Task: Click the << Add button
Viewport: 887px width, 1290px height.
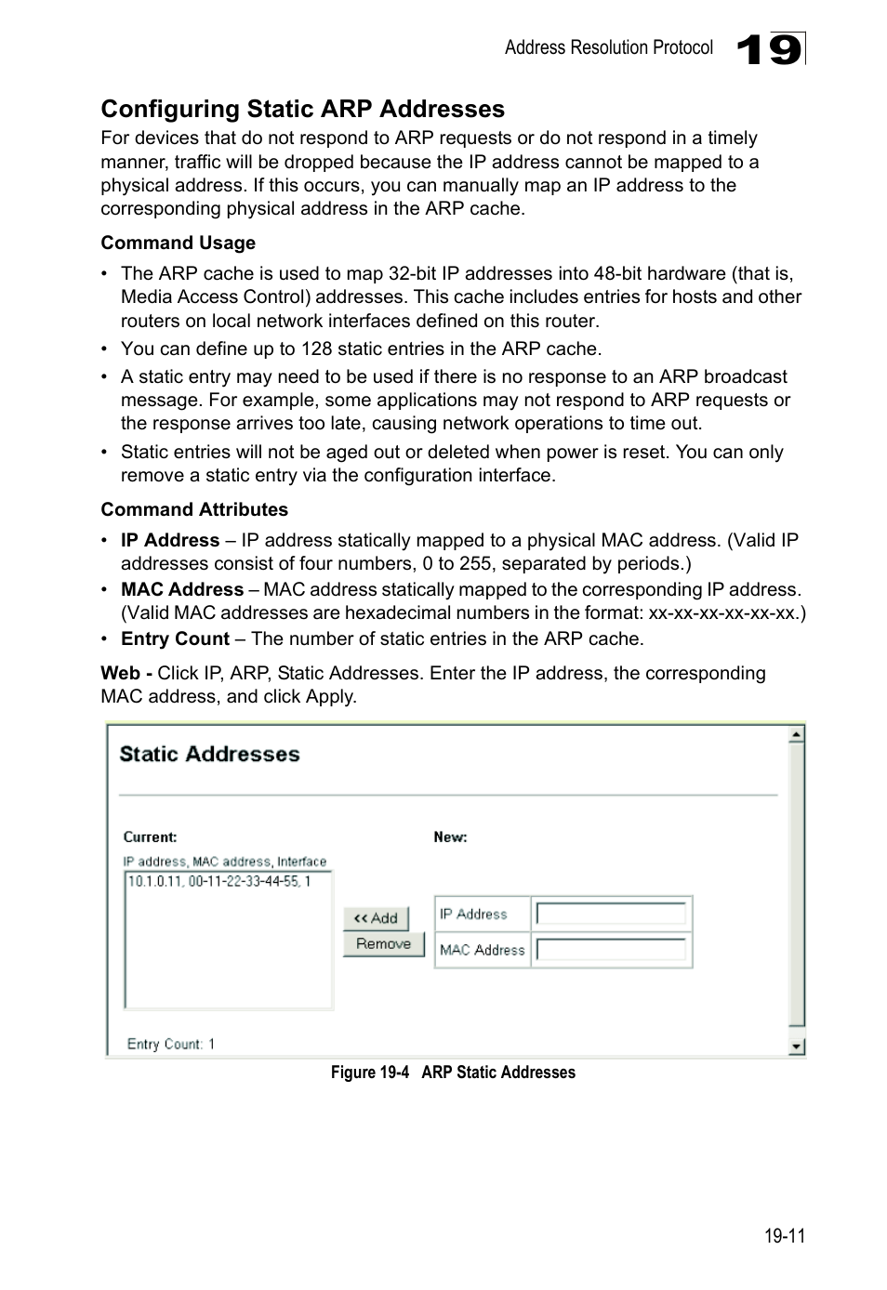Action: click(376, 918)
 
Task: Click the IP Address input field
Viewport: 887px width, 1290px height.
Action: click(611, 915)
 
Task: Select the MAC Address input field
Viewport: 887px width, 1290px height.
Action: click(611, 950)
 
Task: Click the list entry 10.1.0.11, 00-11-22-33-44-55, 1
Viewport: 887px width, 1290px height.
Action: click(219, 881)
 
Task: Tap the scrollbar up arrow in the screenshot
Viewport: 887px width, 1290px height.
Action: click(796, 735)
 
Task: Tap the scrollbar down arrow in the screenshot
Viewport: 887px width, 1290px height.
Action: click(796, 1046)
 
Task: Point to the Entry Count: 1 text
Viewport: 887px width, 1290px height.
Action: click(171, 1044)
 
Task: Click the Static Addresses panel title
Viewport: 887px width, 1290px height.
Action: click(209, 754)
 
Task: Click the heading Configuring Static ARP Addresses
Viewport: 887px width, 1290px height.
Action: click(302, 109)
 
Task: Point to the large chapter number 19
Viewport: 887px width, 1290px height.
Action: click(769, 49)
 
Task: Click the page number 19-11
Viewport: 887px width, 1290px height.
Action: click(784, 1236)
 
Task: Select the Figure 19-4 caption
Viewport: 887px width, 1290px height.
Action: click(453, 1073)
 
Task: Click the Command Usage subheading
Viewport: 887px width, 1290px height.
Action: click(178, 244)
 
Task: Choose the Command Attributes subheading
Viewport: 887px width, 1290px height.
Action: click(194, 509)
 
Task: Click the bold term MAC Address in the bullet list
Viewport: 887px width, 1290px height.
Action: click(182, 589)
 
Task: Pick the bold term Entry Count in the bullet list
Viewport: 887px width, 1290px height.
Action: click(175, 638)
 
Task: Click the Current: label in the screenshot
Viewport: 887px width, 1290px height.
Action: click(150, 836)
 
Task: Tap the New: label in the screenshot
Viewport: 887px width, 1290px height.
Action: click(450, 836)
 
